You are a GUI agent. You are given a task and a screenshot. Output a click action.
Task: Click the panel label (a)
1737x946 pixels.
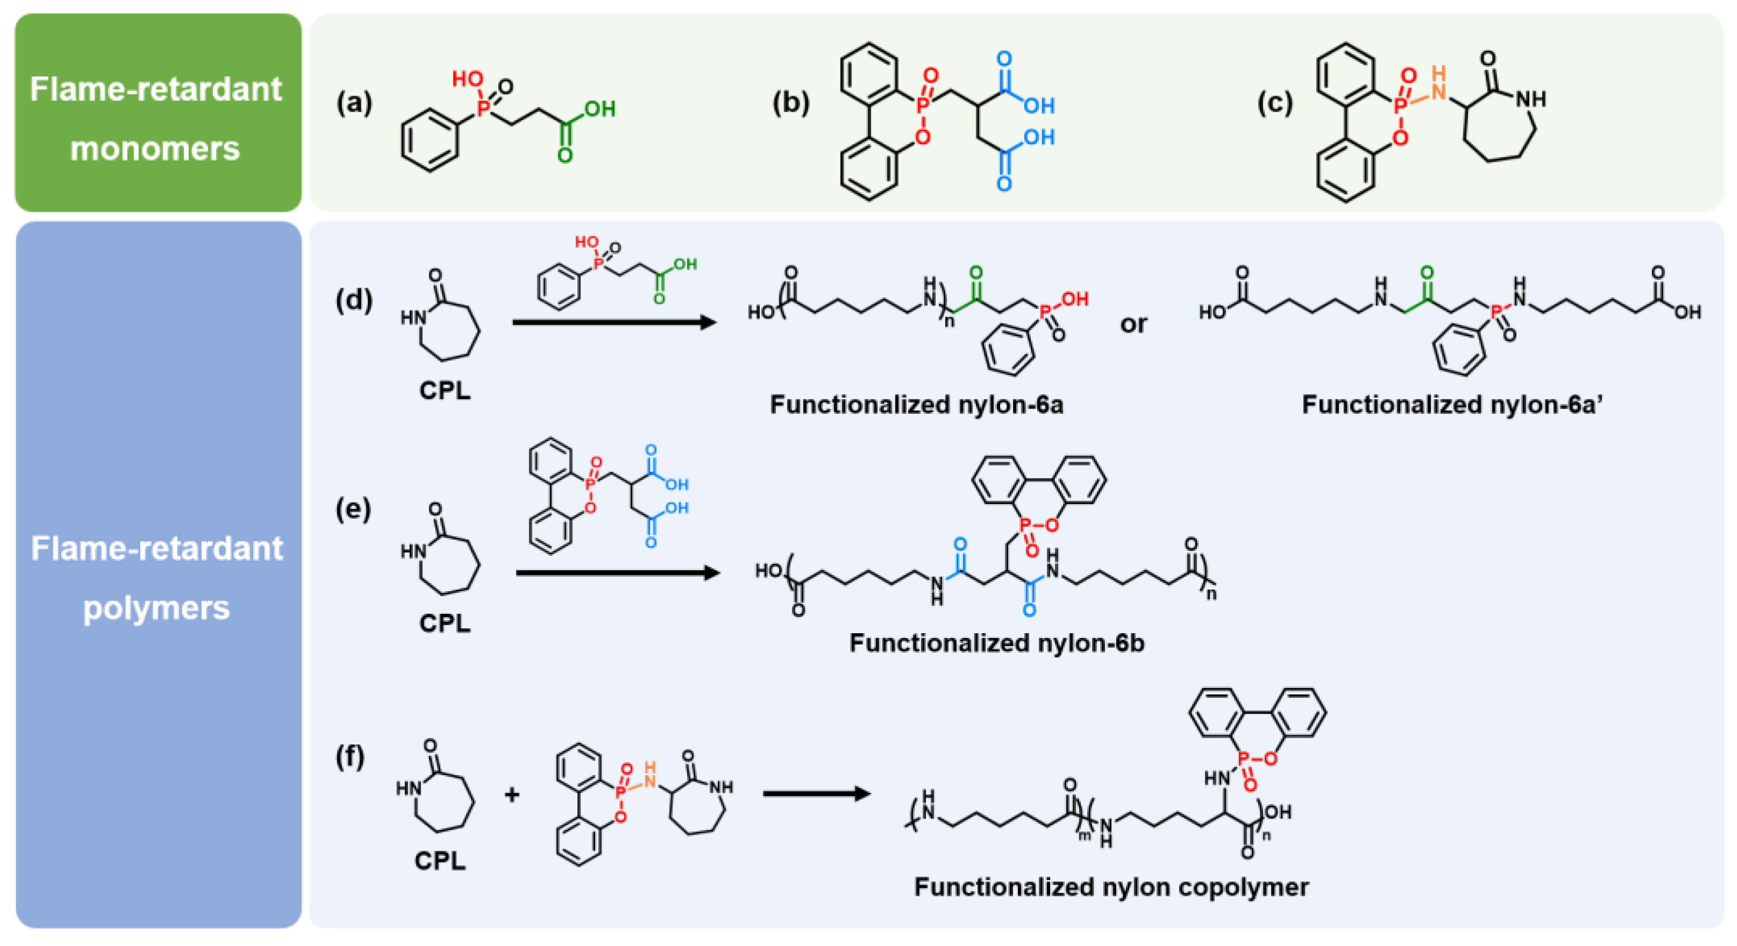(354, 103)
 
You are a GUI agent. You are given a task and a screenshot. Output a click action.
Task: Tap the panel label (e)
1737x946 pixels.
(353, 509)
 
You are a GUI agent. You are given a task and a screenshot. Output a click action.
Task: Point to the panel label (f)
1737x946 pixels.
(350, 757)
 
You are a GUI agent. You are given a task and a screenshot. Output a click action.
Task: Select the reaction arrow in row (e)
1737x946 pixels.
(617, 573)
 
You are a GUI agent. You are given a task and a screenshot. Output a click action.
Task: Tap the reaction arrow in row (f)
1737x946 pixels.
(816, 793)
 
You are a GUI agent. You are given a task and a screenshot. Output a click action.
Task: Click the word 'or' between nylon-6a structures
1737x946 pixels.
(1133, 324)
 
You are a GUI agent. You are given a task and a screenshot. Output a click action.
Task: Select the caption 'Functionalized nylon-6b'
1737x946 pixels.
(996, 642)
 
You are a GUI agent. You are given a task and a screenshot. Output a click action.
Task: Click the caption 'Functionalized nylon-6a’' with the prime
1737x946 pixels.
(1452, 405)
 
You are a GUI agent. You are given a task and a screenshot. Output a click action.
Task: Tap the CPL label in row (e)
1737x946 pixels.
(444, 623)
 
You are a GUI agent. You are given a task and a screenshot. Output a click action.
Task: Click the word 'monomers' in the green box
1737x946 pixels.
(155, 148)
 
